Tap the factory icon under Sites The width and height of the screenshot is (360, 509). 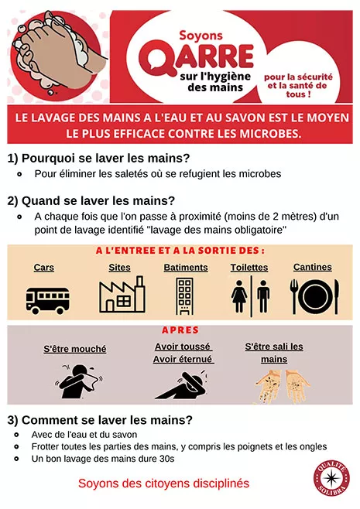pos(122,294)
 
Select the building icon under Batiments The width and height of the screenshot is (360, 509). pos(185,295)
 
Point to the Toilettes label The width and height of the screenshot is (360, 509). pos(249,268)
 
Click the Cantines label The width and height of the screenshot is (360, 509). pos(312,267)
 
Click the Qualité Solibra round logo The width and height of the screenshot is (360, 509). pos(331,477)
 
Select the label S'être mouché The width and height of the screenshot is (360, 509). pos(75,349)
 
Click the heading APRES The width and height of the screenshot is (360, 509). pos(180,330)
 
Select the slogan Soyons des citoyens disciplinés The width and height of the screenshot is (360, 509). pos(163,483)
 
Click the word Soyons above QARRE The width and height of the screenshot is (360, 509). pos(202,35)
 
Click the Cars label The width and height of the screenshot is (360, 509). pos(44,267)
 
